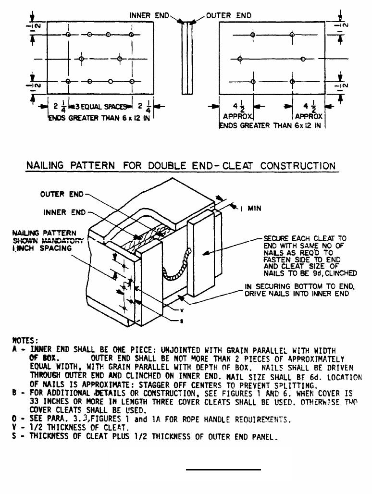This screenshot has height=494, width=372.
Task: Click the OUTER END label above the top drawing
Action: click(229, 16)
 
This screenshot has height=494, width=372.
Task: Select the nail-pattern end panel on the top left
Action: click(100, 59)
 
